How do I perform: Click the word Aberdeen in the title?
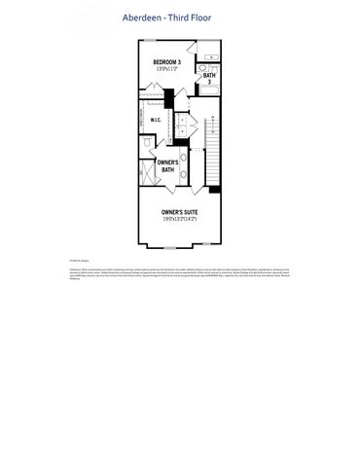pyautogui.click(x=144, y=18)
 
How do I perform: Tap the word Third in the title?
pyautogui.click(x=183, y=18)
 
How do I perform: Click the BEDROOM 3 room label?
pyautogui.click(x=166, y=62)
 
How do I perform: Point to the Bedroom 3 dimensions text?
pyautogui.click(x=166, y=69)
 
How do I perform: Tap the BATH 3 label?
pyautogui.click(x=209, y=78)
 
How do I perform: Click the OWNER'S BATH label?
pyautogui.click(x=167, y=165)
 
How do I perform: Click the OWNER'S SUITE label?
pyautogui.click(x=179, y=211)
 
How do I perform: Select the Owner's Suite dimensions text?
pyautogui.click(x=179, y=219)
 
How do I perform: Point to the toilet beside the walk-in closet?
pyautogui.click(x=147, y=142)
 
